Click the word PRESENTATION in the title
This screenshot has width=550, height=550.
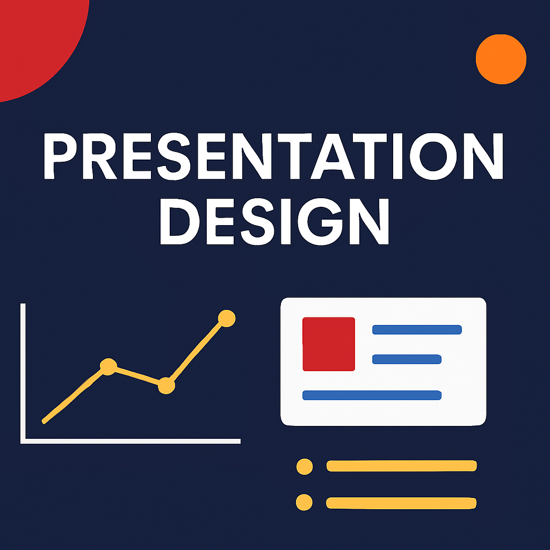coord(273,156)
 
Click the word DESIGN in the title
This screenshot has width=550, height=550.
coord(274,221)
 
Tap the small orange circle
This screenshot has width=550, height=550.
coord(501,59)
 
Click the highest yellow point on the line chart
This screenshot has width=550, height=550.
coord(227,319)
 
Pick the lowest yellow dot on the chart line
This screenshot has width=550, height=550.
coord(167,386)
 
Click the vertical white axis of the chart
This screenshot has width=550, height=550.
coord(23,373)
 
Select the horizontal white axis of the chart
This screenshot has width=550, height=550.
coord(131,441)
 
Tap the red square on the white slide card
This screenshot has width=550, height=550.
coord(329,344)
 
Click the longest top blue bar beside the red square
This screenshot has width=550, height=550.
coord(417,330)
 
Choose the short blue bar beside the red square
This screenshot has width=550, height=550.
coord(407,359)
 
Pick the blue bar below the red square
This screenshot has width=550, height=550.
coord(372,395)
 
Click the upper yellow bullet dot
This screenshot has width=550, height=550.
coord(305,467)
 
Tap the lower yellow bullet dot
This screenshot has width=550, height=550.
coord(304,502)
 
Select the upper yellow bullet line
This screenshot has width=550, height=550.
coord(402,466)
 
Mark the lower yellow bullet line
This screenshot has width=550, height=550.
coord(401,503)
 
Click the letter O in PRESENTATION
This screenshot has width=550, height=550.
coord(433,156)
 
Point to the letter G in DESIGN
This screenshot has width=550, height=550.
coord(320,221)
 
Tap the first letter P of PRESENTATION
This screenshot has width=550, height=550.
coord(60,156)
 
